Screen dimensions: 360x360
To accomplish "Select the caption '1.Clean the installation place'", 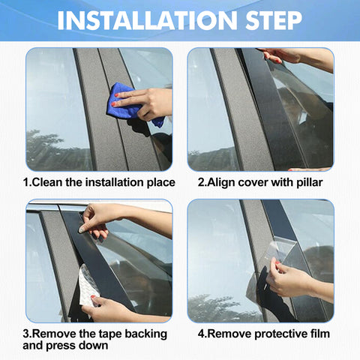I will (x=99, y=182).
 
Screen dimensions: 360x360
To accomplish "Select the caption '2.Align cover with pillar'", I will (x=259, y=182).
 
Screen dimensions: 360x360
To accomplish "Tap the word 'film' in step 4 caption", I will (x=318, y=334).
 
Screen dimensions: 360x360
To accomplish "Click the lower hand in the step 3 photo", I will (x=112, y=307).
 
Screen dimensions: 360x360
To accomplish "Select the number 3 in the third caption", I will (x=26, y=334).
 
